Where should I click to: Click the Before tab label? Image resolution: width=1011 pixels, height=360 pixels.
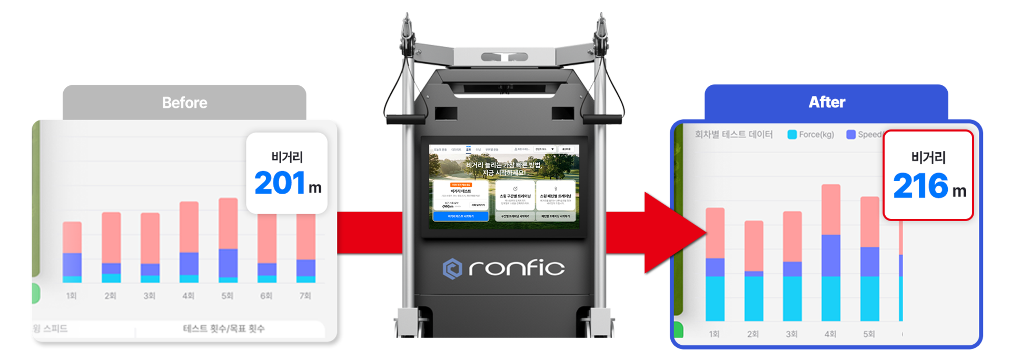[184, 103]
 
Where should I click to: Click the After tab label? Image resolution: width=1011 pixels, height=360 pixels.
[827, 102]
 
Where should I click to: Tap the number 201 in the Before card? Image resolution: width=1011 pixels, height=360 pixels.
[280, 183]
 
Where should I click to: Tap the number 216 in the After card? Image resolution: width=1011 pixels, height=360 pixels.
[920, 186]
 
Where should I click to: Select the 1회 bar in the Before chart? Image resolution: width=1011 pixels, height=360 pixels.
[72, 252]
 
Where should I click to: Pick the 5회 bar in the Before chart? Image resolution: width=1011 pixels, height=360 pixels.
[228, 240]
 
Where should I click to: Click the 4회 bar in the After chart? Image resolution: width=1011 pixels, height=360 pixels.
[830, 253]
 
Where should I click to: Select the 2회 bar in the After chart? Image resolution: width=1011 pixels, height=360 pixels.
[754, 271]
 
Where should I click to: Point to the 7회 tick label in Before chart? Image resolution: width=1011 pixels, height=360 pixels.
[305, 296]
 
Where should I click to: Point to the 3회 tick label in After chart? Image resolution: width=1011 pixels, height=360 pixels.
[791, 334]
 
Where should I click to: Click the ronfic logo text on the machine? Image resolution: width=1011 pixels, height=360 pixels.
[516, 268]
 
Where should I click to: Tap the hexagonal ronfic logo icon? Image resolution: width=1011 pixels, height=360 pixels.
[452, 268]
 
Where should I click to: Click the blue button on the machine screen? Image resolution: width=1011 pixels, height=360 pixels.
[461, 216]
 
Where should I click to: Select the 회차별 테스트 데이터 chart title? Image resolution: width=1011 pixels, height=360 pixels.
[734, 135]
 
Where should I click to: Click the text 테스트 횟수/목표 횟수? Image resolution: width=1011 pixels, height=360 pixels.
[224, 328]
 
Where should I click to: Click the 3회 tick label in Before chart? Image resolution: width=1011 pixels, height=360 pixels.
[150, 296]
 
